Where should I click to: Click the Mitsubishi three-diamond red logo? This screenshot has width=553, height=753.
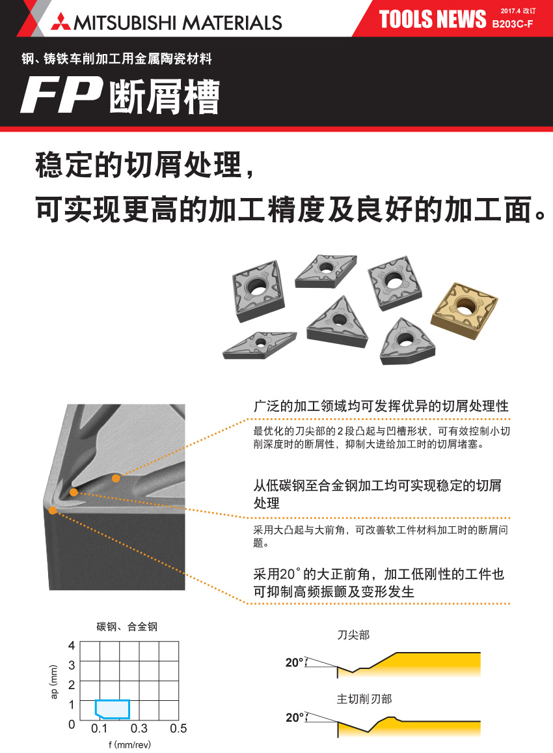(x=61, y=22)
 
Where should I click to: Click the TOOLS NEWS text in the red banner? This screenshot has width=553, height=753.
(x=433, y=19)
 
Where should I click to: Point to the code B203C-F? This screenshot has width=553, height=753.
(x=512, y=24)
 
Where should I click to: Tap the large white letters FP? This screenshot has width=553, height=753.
(x=61, y=96)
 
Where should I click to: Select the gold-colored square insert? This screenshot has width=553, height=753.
(x=465, y=310)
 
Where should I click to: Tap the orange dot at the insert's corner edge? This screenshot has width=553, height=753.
(x=53, y=511)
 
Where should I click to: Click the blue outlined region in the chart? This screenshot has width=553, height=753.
(x=113, y=709)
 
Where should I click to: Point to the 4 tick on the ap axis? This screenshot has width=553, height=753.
(x=72, y=645)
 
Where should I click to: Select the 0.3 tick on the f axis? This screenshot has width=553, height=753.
(x=139, y=728)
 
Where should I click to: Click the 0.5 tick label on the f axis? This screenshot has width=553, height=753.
(x=178, y=728)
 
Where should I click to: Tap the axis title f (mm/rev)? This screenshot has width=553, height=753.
(x=129, y=745)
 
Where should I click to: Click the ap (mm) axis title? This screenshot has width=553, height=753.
(x=54, y=682)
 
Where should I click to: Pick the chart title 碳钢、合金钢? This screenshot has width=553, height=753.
(x=127, y=626)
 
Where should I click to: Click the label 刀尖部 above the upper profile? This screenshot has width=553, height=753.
(x=353, y=635)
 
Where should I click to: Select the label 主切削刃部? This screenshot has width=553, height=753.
(x=364, y=699)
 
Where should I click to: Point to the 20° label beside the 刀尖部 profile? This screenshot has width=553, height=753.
(x=295, y=662)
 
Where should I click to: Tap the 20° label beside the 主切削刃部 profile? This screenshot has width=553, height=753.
(x=295, y=717)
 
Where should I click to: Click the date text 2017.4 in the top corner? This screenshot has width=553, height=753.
(x=510, y=10)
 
